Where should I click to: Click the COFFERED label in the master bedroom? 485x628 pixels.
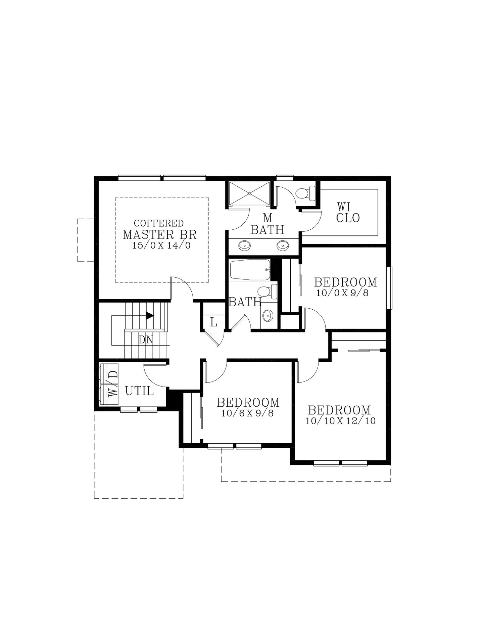[x=158, y=223]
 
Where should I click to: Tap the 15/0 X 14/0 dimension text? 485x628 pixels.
[x=161, y=245]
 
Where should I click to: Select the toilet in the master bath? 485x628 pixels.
[x=305, y=193]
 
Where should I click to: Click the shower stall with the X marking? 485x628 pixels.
[x=249, y=193]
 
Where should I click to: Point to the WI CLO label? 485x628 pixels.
[x=348, y=212]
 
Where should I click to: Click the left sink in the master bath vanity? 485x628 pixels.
[x=244, y=246]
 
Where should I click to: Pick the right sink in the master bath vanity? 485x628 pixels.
[x=283, y=246]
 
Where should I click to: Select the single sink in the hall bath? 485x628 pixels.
[x=268, y=315]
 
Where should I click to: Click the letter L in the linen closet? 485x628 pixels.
[x=213, y=323]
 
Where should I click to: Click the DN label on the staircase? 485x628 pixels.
[x=146, y=340]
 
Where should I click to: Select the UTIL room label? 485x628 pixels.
[x=139, y=391]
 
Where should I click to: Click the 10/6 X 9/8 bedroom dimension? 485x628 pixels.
[x=247, y=413]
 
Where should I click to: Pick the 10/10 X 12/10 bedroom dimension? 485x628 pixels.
[x=340, y=421]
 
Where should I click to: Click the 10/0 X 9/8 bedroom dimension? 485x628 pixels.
[x=342, y=293]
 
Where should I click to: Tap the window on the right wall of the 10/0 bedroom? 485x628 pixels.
[x=389, y=288]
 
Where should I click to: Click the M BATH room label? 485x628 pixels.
[x=267, y=224]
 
